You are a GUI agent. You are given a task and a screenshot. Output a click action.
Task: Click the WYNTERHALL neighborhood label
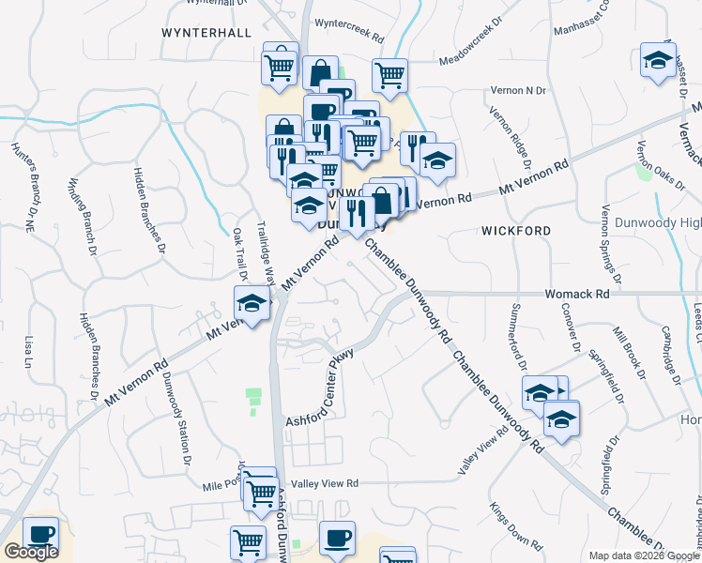pyautogui.click(x=206, y=32)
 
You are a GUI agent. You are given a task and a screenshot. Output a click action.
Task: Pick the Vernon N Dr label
pyautogui.click(x=517, y=90)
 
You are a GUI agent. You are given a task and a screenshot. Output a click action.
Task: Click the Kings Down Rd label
pyautogui.click(x=514, y=526)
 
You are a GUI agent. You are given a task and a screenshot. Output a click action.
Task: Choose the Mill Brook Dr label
pyautogui.click(x=628, y=352)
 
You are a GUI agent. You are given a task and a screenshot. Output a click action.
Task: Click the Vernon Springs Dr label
pyautogui.click(x=610, y=244)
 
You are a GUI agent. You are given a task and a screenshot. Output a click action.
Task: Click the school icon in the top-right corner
pyautogui.click(x=658, y=61)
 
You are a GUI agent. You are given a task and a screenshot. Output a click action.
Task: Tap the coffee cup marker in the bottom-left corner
pyautogui.click(x=39, y=535)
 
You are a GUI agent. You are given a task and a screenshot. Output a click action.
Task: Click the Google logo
pyautogui.click(x=31, y=552)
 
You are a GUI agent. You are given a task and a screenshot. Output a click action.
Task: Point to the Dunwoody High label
pyautogui.click(x=658, y=222)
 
